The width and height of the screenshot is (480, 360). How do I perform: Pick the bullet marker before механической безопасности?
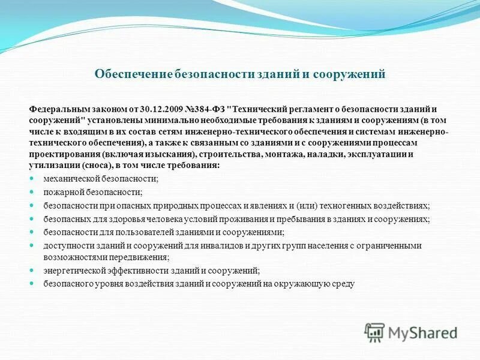pyautogui.click(x=32, y=179)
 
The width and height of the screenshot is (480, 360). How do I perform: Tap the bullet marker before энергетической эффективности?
pyautogui.click(x=32, y=271)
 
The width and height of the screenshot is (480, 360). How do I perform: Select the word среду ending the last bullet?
pyautogui.click(x=344, y=284)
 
